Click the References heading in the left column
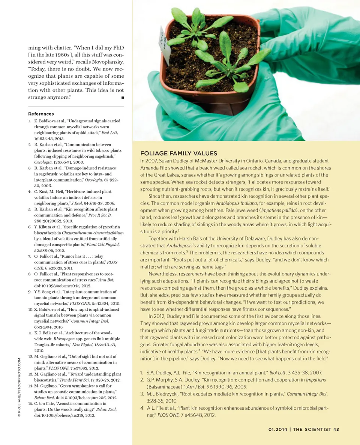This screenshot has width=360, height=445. pyautogui.click(x=41, y=114)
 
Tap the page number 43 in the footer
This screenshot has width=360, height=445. pyautogui.click(x=336, y=430)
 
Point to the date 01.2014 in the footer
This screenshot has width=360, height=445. pyautogui.click(x=278, y=430)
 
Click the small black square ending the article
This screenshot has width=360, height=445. pyautogui.click(x=122, y=98)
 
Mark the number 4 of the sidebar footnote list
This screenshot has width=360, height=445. pyautogui.click(x=142, y=408)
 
